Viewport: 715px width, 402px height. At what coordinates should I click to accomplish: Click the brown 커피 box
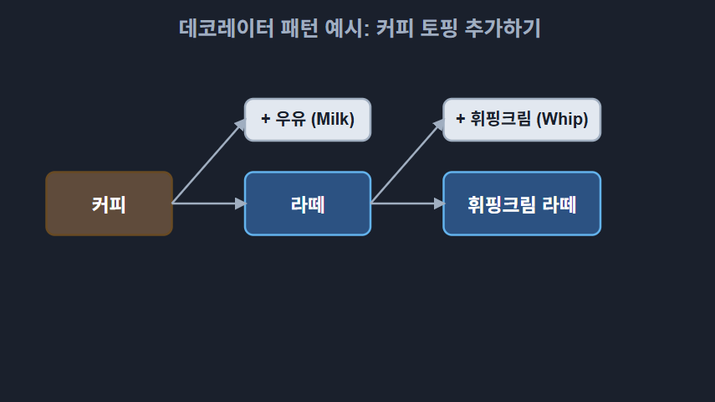[x=109, y=204]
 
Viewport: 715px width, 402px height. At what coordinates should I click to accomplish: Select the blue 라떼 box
[x=307, y=204]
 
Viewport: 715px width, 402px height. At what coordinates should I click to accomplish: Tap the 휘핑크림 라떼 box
[x=521, y=204]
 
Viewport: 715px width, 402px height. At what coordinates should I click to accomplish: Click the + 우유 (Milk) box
[x=307, y=119]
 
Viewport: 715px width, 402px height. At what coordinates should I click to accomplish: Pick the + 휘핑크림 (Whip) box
[x=521, y=119]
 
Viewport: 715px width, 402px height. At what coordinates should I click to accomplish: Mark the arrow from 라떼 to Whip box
[x=406, y=162]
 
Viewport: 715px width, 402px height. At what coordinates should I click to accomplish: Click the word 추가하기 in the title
[x=508, y=28]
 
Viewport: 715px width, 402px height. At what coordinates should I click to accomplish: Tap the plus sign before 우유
[x=265, y=119]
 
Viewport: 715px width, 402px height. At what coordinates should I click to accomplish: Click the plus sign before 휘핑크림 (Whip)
[x=460, y=119]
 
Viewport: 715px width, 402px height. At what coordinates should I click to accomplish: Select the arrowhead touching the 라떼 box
[x=241, y=204]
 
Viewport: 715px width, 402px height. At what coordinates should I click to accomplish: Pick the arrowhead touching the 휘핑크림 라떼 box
[x=440, y=204]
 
